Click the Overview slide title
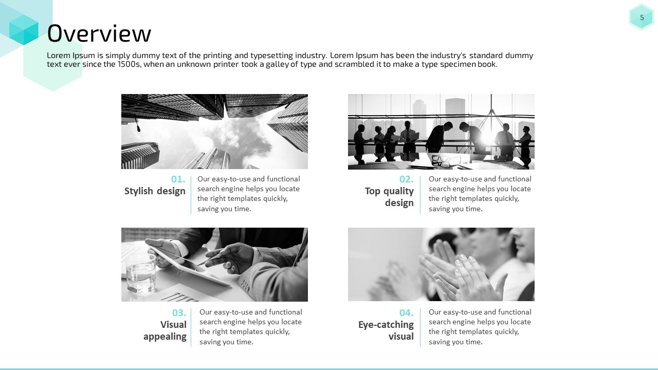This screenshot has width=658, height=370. [99, 33]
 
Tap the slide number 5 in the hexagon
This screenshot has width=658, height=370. [642, 17]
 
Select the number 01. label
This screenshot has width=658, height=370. [178, 179]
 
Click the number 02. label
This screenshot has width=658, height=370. [406, 179]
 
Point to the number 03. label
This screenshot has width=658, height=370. [179, 313]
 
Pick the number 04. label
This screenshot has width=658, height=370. [406, 313]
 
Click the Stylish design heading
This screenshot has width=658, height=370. [155, 191]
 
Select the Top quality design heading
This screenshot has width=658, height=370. [389, 197]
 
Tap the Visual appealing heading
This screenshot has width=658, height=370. [165, 330]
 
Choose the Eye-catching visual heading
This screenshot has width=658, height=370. [386, 330]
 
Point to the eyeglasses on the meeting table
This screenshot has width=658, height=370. [444, 161]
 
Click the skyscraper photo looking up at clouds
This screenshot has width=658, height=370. [214, 132]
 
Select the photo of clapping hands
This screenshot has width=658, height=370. [441, 264]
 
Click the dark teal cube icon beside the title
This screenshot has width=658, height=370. [24, 30]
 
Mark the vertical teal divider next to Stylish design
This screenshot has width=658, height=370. [191, 195]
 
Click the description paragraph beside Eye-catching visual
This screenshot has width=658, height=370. [480, 327]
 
